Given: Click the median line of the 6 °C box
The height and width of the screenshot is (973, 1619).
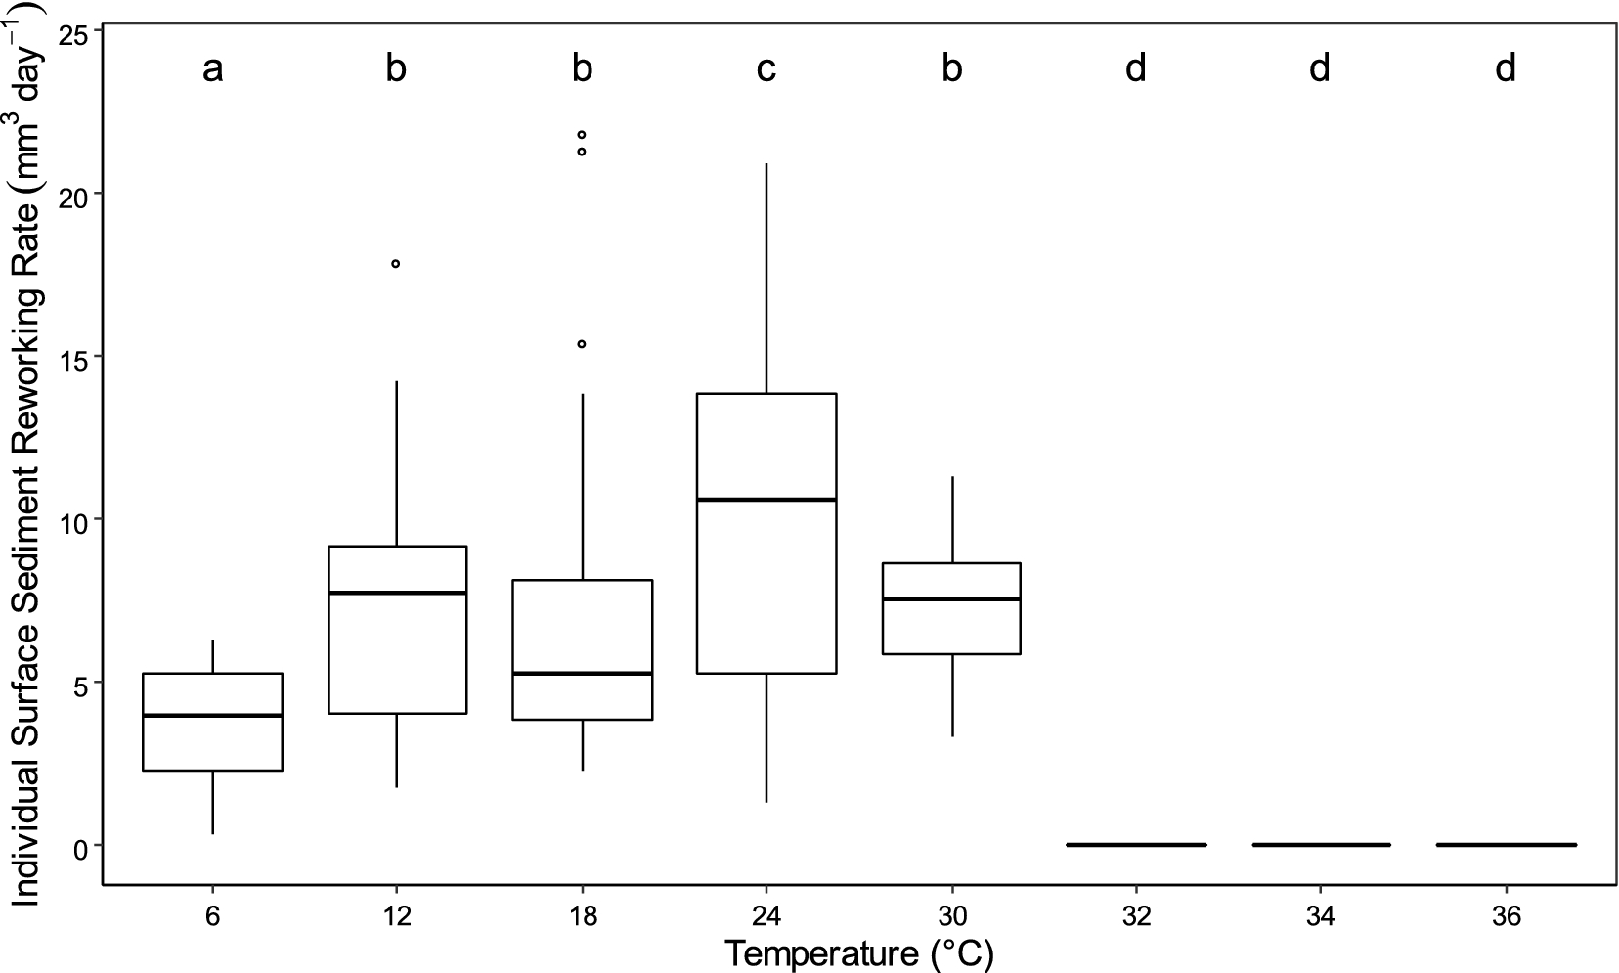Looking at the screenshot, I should pyautogui.click(x=212, y=716).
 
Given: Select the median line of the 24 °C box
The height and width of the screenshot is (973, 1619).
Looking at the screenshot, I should pyautogui.click(x=766, y=500).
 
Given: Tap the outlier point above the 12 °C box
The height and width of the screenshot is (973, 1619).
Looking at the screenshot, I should pyautogui.click(x=396, y=264).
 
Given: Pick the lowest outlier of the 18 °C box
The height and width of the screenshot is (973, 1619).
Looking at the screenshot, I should pyautogui.click(x=582, y=344).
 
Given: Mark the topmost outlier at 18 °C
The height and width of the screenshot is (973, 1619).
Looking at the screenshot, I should pyautogui.click(x=582, y=135).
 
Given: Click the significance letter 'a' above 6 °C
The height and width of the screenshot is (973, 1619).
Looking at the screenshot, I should pyautogui.click(x=212, y=69).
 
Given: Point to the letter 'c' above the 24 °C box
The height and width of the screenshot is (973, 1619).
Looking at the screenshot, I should pyautogui.click(x=766, y=69).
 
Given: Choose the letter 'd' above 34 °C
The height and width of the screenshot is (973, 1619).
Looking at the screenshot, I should pyautogui.click(x=1321, y=69).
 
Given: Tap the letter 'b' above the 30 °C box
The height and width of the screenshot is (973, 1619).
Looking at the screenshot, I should pyautogui.click(x=951, y=69).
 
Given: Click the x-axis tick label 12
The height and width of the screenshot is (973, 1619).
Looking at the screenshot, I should pyautogui.click(x=396, y=918).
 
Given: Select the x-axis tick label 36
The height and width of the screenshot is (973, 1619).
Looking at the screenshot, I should pyautogui.click(x=1506, y=918).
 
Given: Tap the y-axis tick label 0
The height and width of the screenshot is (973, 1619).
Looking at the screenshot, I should pyautogui.click(x=82, y=846).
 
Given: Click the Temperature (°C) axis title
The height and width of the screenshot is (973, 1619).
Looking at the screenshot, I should pyautogui.click(x=859, y=952).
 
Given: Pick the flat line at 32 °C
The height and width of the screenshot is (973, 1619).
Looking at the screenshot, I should pyautogui.click(x=1136, y=845).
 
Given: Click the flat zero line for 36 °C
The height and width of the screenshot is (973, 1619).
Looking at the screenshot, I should pyautogui.click(x=1506, y=845).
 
